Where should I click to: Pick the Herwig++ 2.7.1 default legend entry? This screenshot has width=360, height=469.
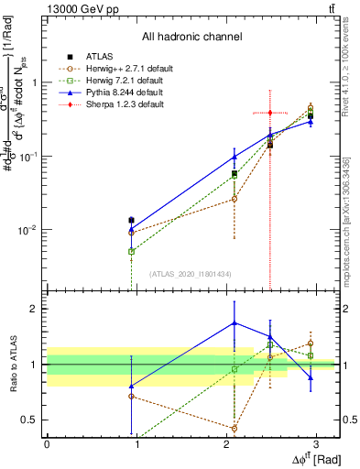click(x=118, y=69)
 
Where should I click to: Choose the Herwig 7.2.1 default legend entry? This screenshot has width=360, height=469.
click(x=115, y=81)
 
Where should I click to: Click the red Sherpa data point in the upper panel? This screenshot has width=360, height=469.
click(x=269, y=113)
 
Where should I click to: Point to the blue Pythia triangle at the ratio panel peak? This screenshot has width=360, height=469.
click(x=235, y=322)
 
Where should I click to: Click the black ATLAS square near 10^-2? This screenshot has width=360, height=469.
click(x=132, y=220)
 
